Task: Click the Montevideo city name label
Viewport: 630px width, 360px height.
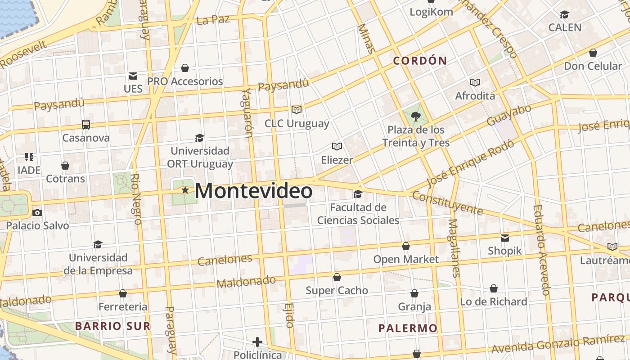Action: (253, 191)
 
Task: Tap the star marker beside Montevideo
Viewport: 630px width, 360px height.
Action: (185, 190)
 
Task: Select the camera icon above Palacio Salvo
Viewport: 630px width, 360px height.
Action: (37, 212)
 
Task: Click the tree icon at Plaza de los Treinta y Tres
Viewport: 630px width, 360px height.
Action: (416, 117)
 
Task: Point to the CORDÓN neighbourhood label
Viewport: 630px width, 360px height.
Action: (420, 61)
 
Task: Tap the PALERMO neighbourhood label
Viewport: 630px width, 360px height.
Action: (408, 328)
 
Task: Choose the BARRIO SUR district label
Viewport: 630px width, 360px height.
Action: (112, 326)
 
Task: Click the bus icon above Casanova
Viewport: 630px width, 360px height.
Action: (85, 125)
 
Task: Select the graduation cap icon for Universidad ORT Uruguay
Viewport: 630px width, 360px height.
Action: (199, 138)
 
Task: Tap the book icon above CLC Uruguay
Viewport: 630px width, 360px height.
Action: (296, 110)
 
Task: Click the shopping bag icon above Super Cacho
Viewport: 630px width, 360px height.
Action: (337, 277)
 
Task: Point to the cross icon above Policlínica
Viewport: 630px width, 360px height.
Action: (257, 342)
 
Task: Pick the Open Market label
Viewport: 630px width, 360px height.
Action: (406, 259)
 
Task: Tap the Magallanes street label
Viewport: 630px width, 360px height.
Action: (454, 247)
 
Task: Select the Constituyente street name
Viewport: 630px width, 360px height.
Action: (447, 203)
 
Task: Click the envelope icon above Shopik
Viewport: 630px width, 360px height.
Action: (505, 238)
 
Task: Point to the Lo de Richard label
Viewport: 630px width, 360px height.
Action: (493, 301)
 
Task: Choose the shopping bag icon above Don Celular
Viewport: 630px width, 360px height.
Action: (593, 53)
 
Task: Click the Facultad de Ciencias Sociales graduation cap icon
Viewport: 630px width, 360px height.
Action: (358, 194)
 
